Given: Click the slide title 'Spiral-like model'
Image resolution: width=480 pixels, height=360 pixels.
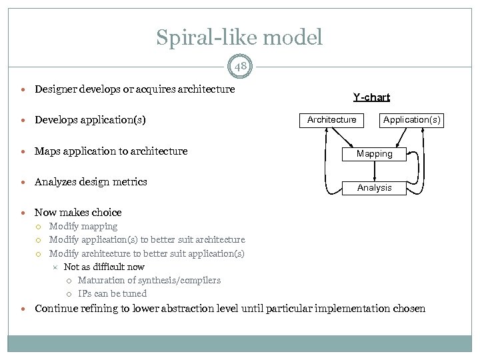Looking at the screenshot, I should [x=239, y=37].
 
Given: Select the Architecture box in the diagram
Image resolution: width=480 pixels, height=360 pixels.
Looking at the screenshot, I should [x=331, y=120].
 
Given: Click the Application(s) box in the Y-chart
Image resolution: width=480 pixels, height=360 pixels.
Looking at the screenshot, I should [x=411, y=120].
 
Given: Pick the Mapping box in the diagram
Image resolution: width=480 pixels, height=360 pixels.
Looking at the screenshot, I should [x=374, y=154].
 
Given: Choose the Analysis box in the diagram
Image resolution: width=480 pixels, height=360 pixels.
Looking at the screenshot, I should [x=374, y=188].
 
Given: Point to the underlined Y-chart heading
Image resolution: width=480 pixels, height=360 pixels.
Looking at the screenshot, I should [x=371, y=97].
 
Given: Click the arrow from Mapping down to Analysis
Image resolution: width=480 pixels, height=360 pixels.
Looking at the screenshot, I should [x=375, y=171].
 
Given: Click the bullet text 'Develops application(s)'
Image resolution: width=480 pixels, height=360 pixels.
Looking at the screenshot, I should [x=90, y=120].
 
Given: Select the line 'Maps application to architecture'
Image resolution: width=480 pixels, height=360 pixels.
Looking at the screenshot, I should [x=111, y=151].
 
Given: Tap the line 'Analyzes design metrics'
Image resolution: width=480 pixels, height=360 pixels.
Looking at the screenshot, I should [x=91, y=182].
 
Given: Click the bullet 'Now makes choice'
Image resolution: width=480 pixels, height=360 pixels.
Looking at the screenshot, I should [x=78, y=213].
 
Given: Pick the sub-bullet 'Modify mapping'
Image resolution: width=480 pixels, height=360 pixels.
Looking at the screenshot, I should [x=83, y=227].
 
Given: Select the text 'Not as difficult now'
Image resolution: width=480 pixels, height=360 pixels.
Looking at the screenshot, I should [x=104, y=267].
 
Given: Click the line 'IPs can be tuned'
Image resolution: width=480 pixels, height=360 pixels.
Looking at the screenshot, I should [x=112, y=293].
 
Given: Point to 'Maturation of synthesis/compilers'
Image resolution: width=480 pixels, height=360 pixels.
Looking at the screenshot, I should [x=149, y=280].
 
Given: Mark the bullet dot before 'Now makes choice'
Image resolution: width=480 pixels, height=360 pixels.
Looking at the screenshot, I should [x=24, y=213].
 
